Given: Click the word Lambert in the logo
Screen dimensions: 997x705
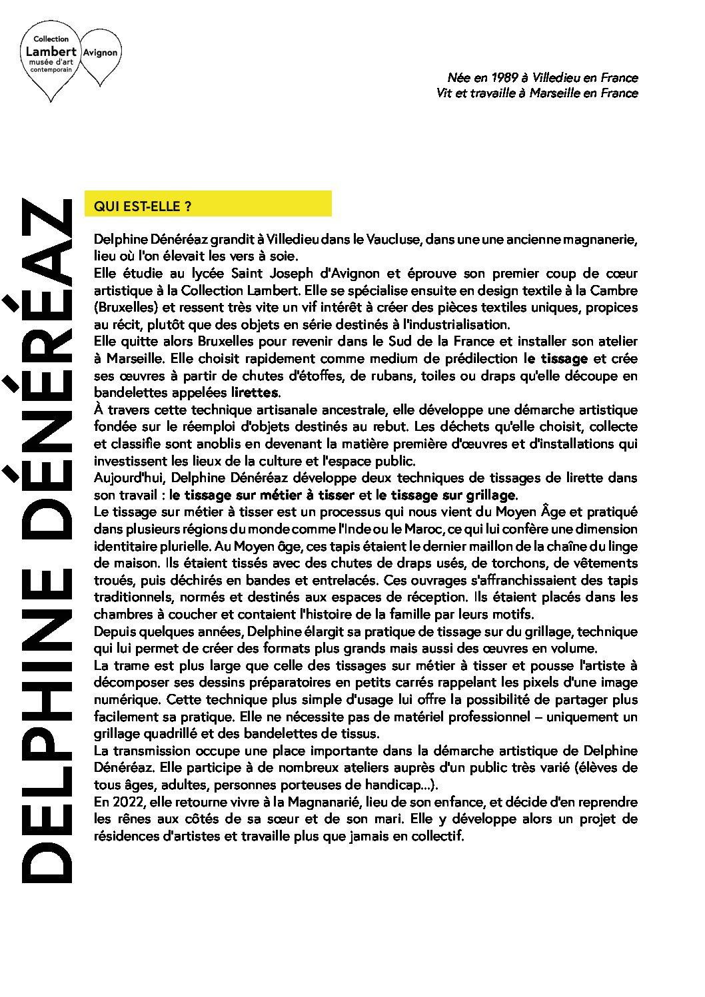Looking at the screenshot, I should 51,51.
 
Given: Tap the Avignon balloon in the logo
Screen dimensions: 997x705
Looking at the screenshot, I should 101,53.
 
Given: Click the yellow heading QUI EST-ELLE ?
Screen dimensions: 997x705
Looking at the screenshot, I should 143,206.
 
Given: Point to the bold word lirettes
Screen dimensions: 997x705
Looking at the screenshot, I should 255,392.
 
